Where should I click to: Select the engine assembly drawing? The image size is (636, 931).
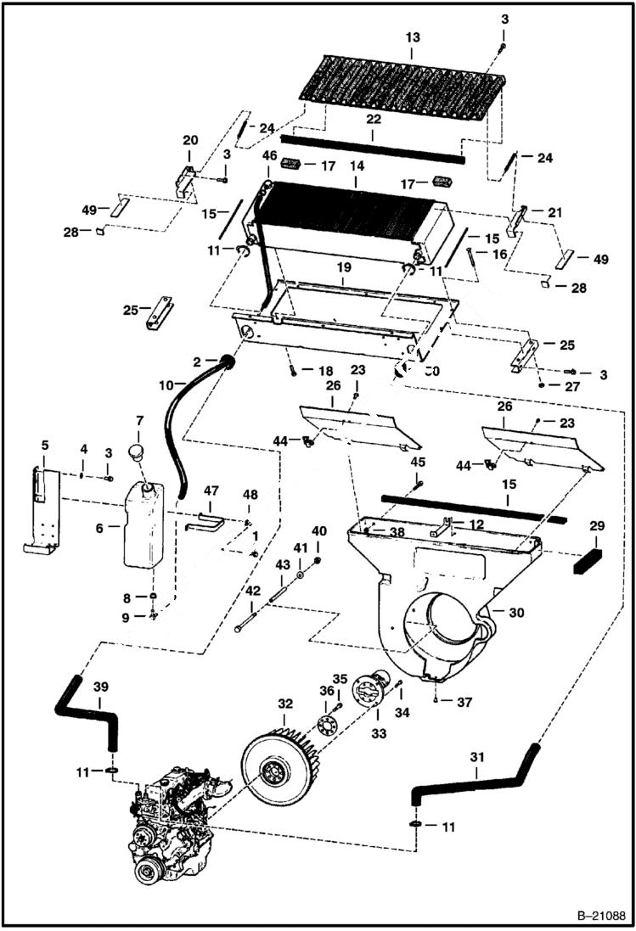(x=183, y=827)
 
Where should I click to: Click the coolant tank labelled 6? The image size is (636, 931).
(x=146, y=524)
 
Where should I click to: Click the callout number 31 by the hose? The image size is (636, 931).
(x=476, y=774)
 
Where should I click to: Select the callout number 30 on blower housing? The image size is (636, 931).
(x=518, y=611)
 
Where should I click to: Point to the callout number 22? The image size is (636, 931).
(x=372, y=121)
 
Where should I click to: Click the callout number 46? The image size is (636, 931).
(x=269, y=156)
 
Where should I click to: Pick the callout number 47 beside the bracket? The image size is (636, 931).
(x=211, y=491)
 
